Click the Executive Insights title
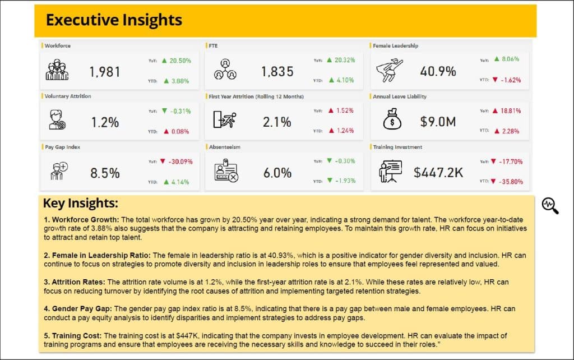[114, 20]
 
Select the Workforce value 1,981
[105, 72]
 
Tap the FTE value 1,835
[277, 71]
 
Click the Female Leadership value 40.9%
[438, 71]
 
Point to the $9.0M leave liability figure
[438, 122]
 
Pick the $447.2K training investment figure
[438, 172]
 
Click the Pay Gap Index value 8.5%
[105, 173]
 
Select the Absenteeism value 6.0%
[277, 173]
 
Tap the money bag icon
[392, 119]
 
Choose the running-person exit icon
[224, 119]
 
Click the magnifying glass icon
[550, 205]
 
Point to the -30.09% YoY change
[180, 161]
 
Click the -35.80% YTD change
[511, 182]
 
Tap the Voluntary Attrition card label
[68, 96]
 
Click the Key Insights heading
[81, 203]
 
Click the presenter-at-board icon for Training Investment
[390, 172]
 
